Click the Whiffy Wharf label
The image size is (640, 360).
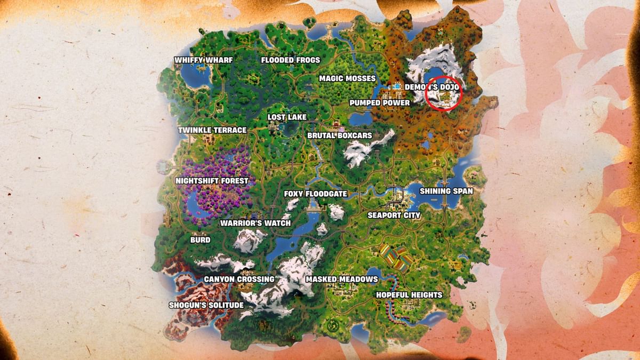(x=204, y=60)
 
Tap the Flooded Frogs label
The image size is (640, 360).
(x=291, y=60)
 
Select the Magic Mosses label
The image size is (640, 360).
(x=347, y=79)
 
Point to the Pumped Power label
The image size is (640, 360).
(x=380, y=103)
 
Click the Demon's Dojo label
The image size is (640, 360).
(x=431, y=86)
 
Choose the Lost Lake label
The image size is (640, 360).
(x=287, y=117)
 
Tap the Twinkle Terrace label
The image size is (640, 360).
(x=212, y=130)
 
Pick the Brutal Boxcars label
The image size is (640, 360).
(x=340, y=135)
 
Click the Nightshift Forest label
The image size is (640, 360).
(x=212, y=181)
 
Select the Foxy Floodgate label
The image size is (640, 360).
(x=316, y=194)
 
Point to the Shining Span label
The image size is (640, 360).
(x=446, y=191)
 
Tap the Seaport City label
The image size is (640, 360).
(x=394, y=215)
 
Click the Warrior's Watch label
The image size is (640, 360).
(x=255, y=223)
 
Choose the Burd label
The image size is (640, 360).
(x=201, y=240)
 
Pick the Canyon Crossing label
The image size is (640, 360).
(x=239, y=279)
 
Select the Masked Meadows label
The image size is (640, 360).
(x=341, y=279)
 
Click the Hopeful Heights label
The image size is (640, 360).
(x=409, y=295)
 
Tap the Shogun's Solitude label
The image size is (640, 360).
(x=206, y=305)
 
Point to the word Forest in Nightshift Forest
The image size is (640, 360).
(x=233, y=181)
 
